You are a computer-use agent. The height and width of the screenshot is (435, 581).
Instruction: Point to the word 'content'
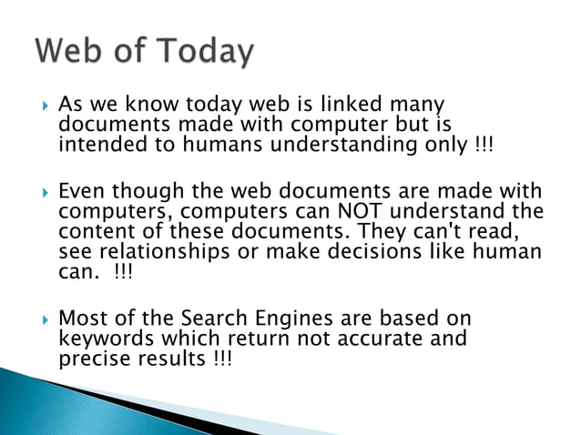point(94,232)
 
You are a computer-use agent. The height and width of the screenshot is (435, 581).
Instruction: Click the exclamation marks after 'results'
point(220,359)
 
